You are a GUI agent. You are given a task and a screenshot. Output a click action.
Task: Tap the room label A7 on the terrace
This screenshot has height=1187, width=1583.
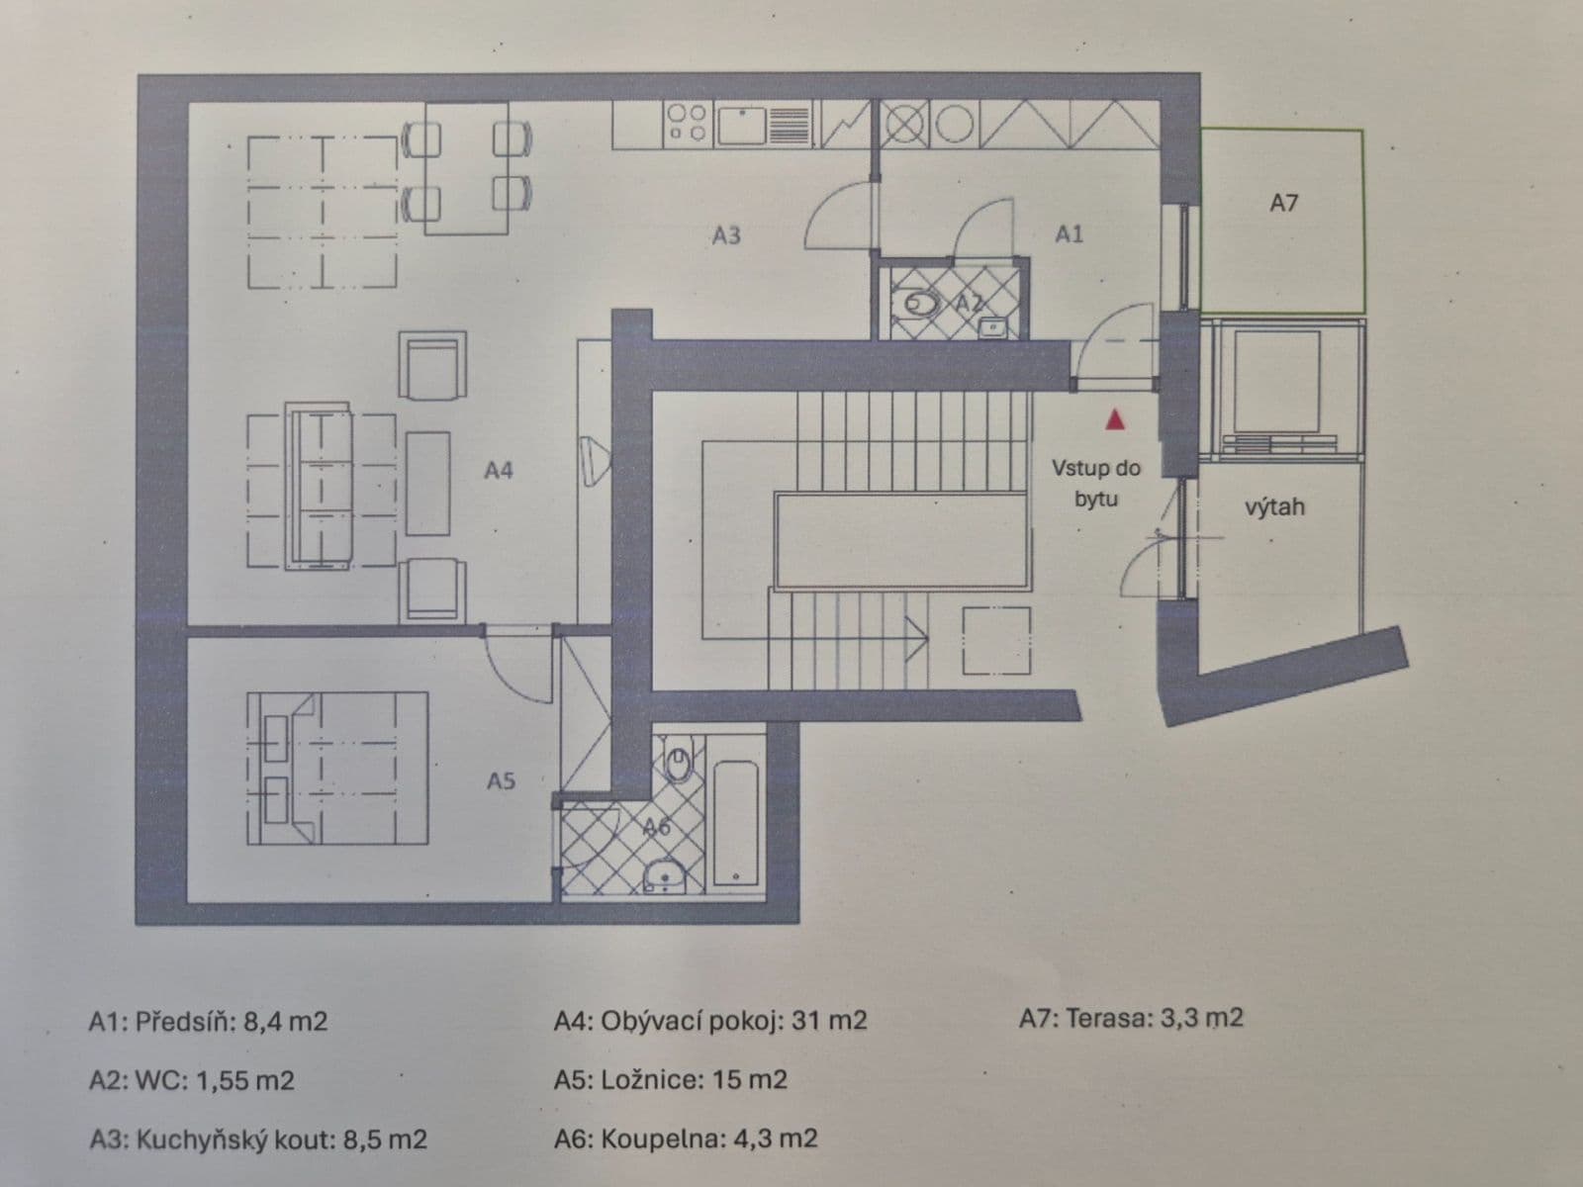coord(1283,203)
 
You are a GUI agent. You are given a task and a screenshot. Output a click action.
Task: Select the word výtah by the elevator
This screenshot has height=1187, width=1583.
coord(1274,506)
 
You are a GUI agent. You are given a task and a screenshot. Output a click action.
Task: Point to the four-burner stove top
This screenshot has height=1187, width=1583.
coord(687,125)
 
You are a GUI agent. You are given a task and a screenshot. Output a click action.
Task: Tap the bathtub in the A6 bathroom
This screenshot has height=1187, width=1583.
coord(736,822)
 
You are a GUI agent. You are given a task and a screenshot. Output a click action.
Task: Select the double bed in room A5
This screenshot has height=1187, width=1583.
coord(336,768)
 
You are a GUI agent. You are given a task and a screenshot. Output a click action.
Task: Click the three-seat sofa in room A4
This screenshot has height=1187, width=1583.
coord(320,485)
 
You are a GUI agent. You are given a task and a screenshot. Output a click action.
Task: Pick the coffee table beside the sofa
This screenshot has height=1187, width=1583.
coord(427,483)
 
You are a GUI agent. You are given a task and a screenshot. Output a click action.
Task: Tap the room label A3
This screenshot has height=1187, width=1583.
coord(725,235)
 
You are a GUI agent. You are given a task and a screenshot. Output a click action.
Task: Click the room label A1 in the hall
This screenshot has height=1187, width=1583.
coord(1069,233)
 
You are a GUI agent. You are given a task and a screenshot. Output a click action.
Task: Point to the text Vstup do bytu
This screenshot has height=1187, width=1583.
coord(1095,483)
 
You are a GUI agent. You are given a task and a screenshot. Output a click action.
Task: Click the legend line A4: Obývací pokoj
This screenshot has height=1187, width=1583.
coord(709,1020)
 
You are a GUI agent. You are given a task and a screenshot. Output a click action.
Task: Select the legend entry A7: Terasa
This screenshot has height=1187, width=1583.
coord(1130,1017)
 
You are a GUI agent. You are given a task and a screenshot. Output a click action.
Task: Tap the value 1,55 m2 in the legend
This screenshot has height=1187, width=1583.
coord(245,1079)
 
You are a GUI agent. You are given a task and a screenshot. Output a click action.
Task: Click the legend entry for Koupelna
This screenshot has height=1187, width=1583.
coord(686,1139)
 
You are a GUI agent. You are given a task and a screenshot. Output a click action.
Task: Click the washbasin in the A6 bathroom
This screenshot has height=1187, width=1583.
coord(666,874)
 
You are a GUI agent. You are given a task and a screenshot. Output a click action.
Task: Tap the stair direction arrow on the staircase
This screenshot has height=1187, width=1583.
coord(915,640)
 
